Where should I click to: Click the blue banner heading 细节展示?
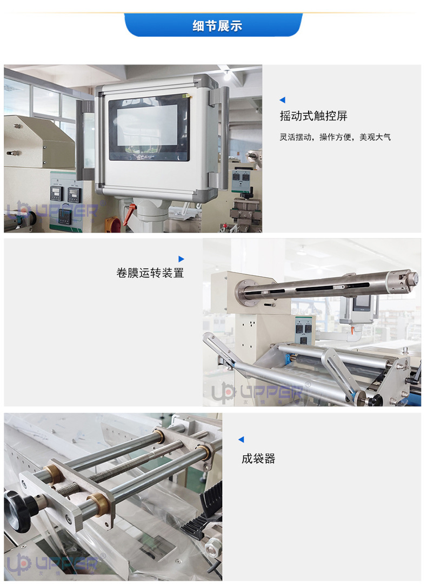[x=213, y=25]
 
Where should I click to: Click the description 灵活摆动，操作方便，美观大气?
[x=335, y=137]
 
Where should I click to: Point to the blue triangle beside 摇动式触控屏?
[x=282, y=100]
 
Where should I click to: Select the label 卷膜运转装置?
[x=150, y=273]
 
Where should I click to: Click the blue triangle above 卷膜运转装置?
[x=181, y=259]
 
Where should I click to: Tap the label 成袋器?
[x=258, y=459]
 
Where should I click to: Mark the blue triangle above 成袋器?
[x=241, y=440]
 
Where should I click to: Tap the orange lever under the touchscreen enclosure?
[x=128, y=215]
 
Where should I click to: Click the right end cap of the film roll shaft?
[x=412, y=278]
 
